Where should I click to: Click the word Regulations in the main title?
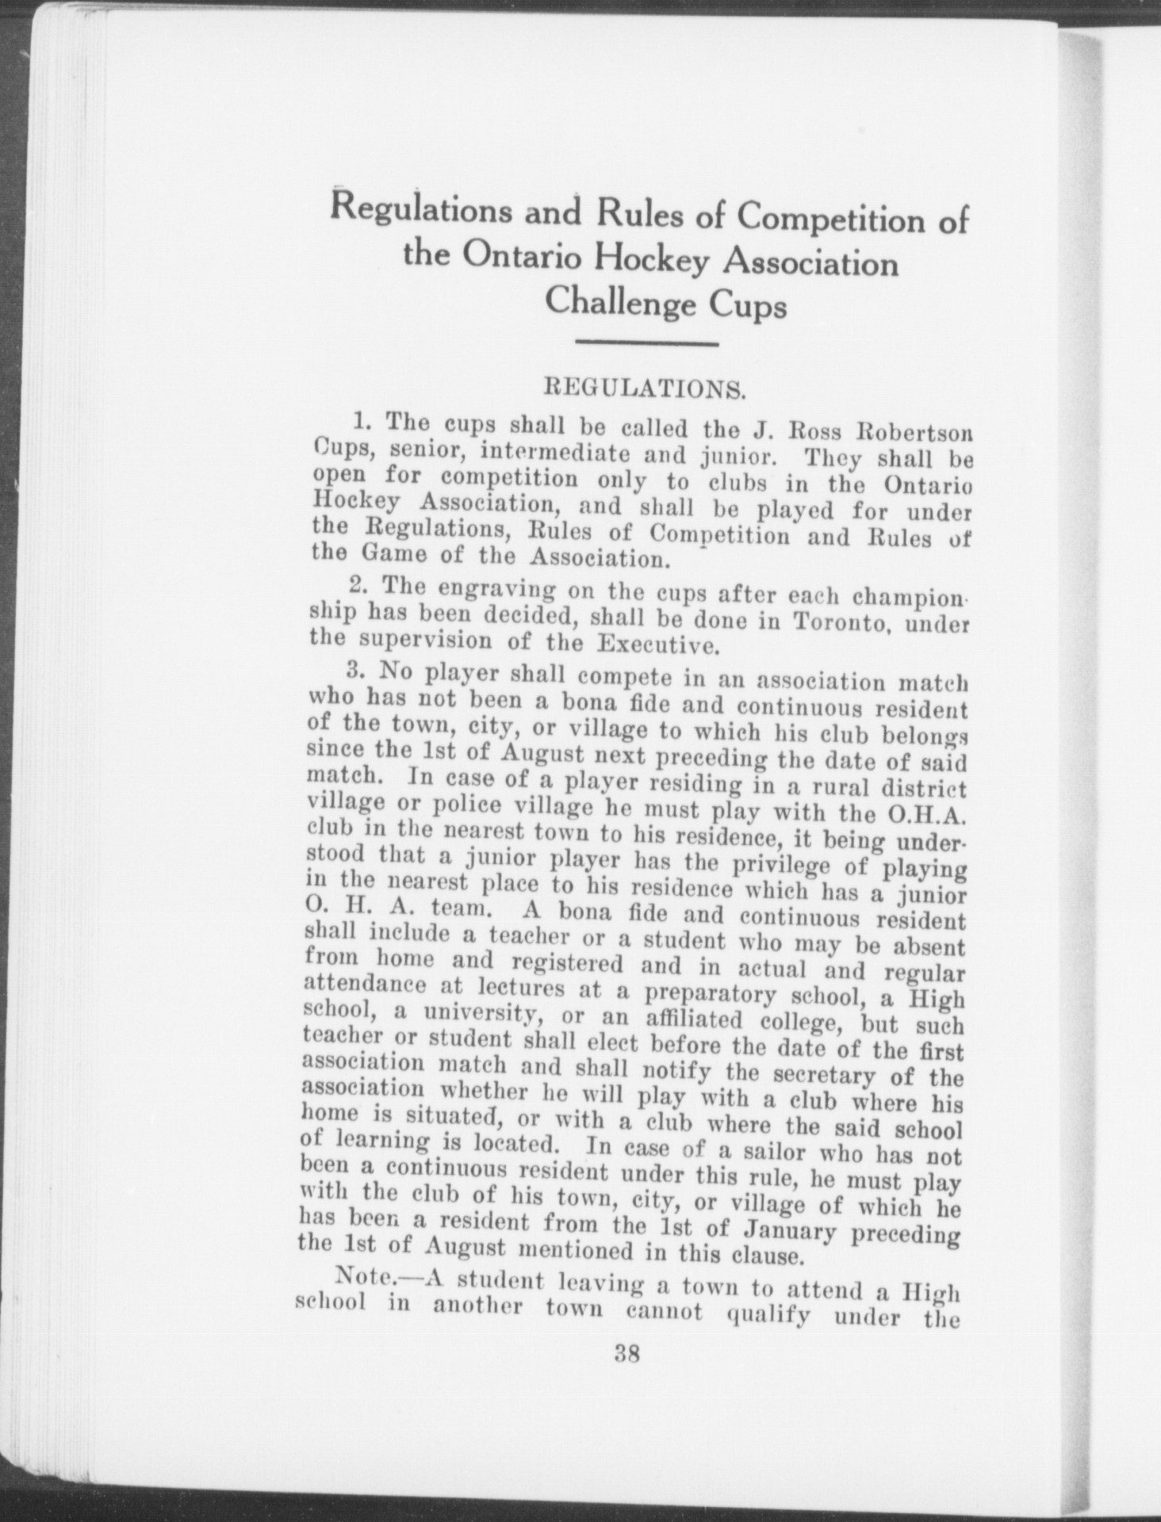pos(420,212)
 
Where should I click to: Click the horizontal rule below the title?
pos(646,343)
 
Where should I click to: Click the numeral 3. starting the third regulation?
pos(353,671)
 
